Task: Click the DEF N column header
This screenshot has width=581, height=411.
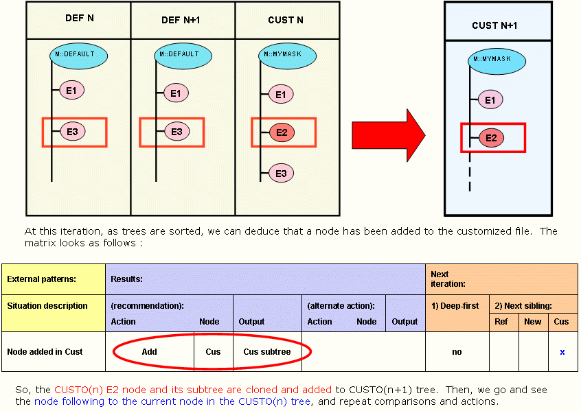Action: tap(79, 19)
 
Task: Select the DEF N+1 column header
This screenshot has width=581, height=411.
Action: tap(181, 20)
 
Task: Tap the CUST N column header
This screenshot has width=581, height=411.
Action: tap(285, 20)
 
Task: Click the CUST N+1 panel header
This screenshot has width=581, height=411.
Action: tap(494, 25)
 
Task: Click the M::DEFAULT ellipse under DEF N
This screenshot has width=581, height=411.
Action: tap(78, 56)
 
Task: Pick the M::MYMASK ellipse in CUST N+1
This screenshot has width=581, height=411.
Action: tap(497, 61)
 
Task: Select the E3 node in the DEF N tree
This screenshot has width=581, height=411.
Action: tap(73, 132)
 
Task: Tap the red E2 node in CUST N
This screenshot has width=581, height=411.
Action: tap(282, 132)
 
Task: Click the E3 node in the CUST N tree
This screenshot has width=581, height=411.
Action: tap(281, 174)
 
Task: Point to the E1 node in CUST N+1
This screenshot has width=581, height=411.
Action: tap(490, 99)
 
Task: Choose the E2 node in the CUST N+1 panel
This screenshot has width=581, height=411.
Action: tap(491, 138)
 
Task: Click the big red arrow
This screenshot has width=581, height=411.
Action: tap(388, 135)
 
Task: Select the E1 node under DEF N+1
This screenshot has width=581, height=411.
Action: tap(176, 93)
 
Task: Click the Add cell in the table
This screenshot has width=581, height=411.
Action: tap(149, 352)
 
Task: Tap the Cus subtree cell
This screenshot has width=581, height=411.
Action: tap(267, 352)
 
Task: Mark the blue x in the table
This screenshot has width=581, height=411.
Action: tap(562, 352)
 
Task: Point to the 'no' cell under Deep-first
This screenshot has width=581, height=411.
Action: tap(457, 352)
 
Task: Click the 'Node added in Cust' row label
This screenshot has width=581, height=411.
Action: tap(45, 352)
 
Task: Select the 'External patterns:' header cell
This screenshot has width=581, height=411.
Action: tap(41, 279)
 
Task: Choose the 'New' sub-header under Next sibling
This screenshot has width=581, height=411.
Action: tap(533, 321)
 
